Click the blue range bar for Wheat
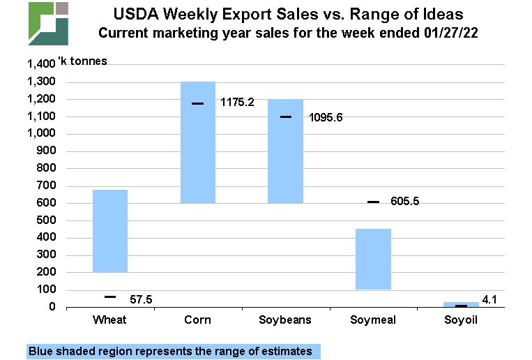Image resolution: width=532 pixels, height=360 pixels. pos(110,230)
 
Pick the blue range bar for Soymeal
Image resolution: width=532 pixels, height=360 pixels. pos(373,259)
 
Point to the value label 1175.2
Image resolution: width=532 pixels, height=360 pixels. pos(237,103)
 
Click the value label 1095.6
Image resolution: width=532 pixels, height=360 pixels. pos(326,117)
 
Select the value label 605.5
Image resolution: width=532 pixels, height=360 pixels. pos(411,202)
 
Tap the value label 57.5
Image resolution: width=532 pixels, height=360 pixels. pos(141,299)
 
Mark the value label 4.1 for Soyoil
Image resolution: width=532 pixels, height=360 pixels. pos(491,301)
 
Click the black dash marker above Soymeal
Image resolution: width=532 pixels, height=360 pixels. pos(373,202)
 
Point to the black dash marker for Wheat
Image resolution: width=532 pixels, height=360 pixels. pos(110,297)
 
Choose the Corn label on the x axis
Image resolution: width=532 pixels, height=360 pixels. pos(198,321)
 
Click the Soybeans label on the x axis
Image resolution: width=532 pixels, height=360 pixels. pos(286,321)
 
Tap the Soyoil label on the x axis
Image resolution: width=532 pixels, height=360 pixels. pos(461,321)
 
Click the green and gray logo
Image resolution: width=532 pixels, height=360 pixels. pos(48,23)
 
